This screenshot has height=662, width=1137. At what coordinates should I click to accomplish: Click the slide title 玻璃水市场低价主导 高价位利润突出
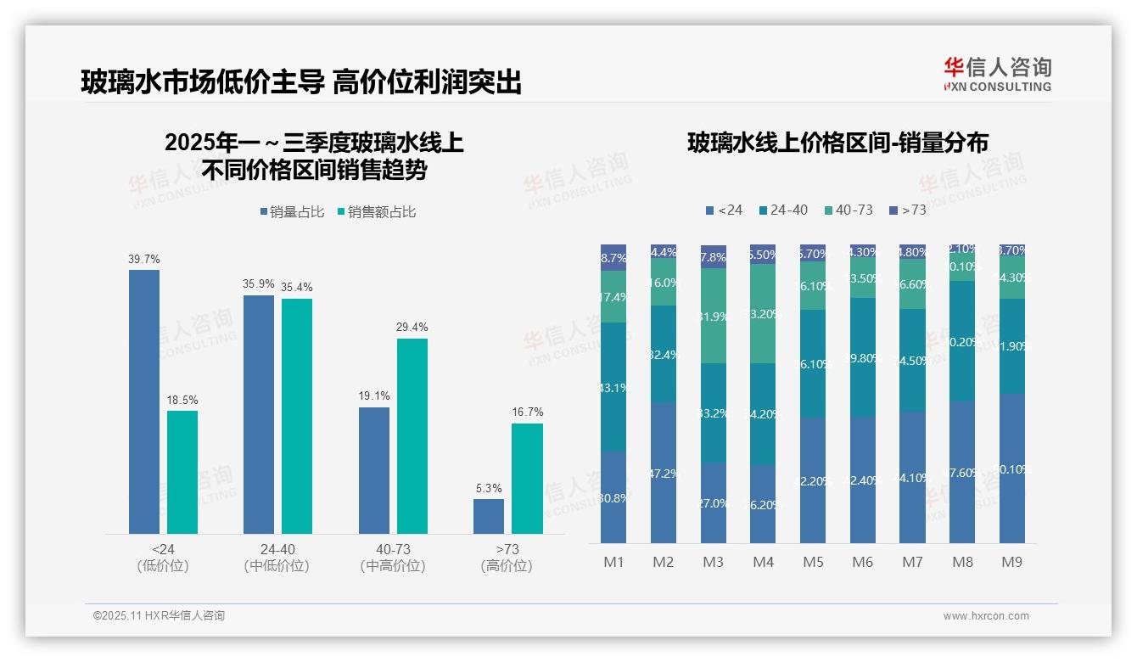tap(300, 81)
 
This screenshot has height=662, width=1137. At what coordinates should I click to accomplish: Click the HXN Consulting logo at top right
tap(997, 74)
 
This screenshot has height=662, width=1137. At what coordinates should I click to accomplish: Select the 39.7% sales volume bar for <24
tap(144, 401)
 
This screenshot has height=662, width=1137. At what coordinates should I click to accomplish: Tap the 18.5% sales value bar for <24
tap(182, 472)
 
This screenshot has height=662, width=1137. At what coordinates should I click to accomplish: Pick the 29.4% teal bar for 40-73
tap(412, 436)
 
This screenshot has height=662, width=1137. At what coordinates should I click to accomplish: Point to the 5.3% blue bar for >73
tap(489, 517)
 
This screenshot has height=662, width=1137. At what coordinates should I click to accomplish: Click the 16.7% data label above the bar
tap(527, 412)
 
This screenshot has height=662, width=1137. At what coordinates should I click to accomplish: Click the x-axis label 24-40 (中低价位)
tap(277, 558)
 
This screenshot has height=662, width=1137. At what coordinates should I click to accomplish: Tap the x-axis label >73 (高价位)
tap(507, 558)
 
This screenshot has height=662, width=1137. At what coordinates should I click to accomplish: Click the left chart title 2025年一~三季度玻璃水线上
tap(314, 143)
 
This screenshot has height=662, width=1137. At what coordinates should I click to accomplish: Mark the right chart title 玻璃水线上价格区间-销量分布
tap(837, 143)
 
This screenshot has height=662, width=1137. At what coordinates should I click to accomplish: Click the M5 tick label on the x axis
tap(813, 562)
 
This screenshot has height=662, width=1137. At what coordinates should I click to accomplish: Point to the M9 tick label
tap(1012, 562)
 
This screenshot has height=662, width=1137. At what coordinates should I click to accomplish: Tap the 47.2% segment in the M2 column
tap(664, 473)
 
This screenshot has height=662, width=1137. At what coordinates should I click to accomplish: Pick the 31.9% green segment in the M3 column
tap(714, 316)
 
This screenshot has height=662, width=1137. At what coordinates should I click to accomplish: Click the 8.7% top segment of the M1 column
tap(613, 258)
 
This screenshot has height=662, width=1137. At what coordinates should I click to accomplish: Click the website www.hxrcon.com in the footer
tap(986, 616)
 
